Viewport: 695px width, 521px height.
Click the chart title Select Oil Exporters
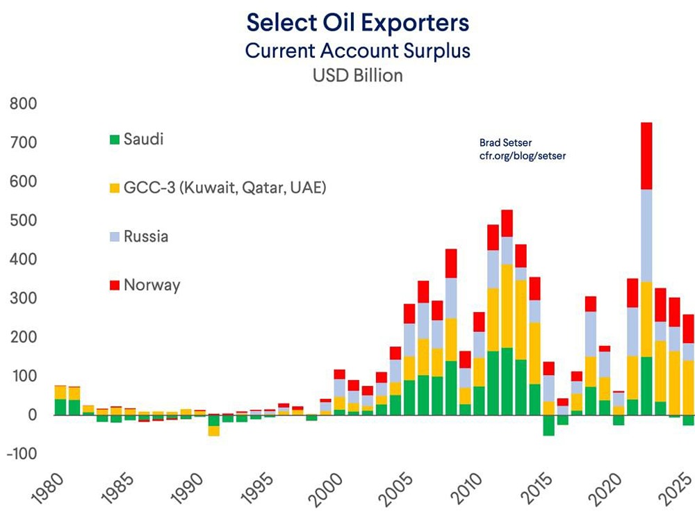tap(358, 22)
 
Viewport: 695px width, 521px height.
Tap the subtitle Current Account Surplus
tap(358, 50)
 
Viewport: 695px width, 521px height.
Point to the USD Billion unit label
tap(358, 75)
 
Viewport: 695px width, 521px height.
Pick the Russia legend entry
tap(146, 236)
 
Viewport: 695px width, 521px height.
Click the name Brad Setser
tap(505, 142)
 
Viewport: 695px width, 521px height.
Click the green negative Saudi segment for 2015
tap(549, 425)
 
